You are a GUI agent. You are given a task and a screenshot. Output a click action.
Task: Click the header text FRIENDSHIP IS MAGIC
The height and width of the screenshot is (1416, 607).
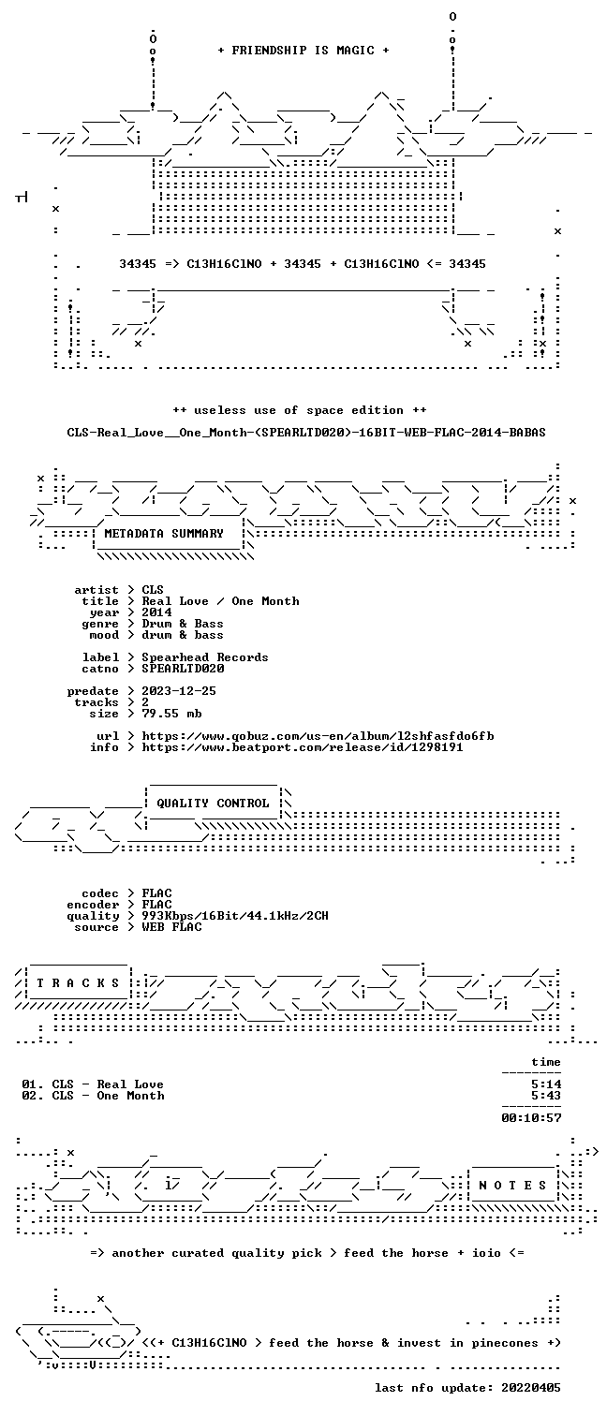coord(303,51)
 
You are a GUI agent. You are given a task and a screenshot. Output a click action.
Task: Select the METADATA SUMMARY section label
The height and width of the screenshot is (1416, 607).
coord(164,534)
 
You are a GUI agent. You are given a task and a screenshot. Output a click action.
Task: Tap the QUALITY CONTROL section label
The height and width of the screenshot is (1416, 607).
coord(213,804)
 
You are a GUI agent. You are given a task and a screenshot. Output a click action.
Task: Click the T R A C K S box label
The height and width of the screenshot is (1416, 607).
coord(78,983)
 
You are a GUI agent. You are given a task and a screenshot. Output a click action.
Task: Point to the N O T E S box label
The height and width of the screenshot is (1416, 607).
coord(512,1186)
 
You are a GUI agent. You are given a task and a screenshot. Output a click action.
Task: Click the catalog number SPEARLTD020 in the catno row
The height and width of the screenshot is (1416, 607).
coord(183,668)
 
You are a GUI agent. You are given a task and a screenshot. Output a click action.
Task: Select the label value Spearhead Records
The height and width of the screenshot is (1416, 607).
coord(205,657)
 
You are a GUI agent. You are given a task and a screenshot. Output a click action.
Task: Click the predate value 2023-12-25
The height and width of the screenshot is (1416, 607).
coord(179,691)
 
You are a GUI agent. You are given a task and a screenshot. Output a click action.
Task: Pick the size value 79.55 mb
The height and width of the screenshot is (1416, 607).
coord(171,714)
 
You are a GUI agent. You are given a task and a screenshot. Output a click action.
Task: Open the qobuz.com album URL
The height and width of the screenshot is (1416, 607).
coord(318,736)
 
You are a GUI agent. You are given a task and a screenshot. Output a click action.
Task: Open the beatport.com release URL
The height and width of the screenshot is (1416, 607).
coord(303,747)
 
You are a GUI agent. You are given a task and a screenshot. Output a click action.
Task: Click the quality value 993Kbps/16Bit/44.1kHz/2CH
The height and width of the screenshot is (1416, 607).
coord(234,916)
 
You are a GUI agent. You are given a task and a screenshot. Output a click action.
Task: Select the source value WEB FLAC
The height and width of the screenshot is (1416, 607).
coord(171,927)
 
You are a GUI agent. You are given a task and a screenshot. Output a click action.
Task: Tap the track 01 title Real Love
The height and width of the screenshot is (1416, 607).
coord(130,1084)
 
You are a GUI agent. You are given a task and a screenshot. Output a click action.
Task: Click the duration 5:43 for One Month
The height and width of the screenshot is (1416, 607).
coord(546,1096)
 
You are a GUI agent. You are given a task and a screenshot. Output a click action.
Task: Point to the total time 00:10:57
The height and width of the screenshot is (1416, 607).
coord(531,1117)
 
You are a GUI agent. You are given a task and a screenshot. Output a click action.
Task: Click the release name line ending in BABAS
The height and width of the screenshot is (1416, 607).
coord(306,433)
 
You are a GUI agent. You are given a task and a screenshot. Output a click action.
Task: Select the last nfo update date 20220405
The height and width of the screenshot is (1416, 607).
coord(531,1388)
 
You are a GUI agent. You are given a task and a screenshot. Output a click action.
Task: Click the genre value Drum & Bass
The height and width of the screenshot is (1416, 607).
coord(182,624)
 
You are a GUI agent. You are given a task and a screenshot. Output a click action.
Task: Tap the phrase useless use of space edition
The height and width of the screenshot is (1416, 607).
coord(299,410)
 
